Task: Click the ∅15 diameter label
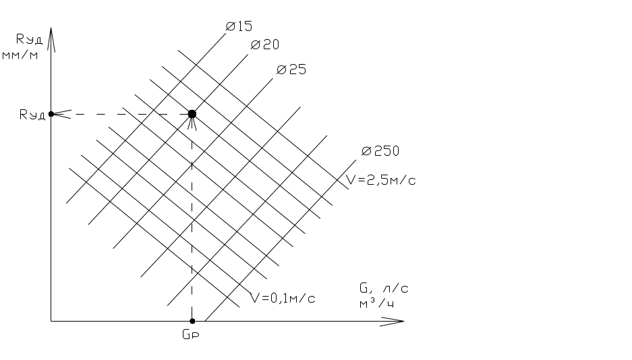pos(239,26)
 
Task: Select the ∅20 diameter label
pos(265,45)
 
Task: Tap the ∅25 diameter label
pos(292,69)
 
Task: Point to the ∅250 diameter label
pos(380,151)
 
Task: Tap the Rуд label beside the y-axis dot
pos(32,115)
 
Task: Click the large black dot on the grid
pos(192,114)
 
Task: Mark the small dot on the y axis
pos(51,114)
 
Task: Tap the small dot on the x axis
pos(192,321)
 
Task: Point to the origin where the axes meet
pos(51,321)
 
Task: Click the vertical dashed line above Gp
pos(192,222)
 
